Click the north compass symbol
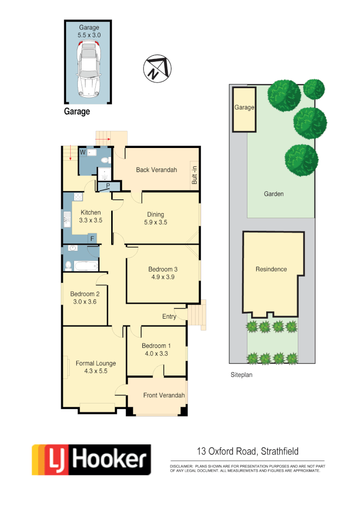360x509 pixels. [157, 67]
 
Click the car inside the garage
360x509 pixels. [89, 69]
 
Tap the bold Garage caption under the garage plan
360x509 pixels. [77, 112]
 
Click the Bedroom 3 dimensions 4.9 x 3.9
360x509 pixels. [163, 277]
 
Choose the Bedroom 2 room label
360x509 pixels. [85, 294]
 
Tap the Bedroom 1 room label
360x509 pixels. [157, 345]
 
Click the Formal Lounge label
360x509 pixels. [96, 363]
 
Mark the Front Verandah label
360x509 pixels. [164, 395]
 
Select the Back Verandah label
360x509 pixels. [156, 170]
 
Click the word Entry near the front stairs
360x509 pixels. [169, 316]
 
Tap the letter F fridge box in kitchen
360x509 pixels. [92, 238]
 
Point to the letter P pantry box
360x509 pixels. [108, 186]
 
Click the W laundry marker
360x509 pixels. [83, 152]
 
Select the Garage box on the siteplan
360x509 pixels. [245, 108]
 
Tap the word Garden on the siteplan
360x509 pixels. [274, 194]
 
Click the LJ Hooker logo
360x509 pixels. [91, 460]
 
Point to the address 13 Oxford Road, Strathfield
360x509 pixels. [247, 452]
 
